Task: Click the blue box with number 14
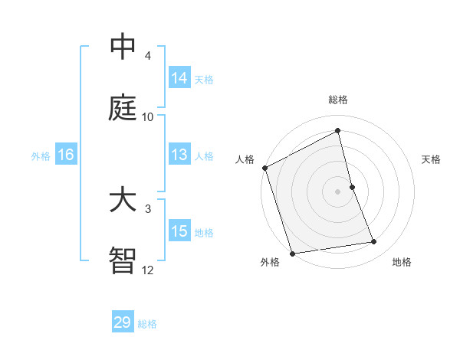point(179,78)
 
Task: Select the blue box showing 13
point(179,155)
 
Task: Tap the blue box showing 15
point(179,231)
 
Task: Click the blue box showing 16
point(65,155)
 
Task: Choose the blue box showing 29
point(123,322)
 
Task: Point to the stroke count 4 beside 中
point(148,56)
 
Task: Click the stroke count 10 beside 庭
point(148,117)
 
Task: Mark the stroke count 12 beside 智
point(148,270)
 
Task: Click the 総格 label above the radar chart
point(338,100)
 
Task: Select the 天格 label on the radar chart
point(432,159)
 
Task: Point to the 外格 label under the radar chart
point(270,262)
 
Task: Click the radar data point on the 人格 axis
point(264,168)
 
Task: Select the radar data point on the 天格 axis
point(352,187)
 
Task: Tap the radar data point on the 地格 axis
point(374,242)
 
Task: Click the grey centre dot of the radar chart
point(338,191)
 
